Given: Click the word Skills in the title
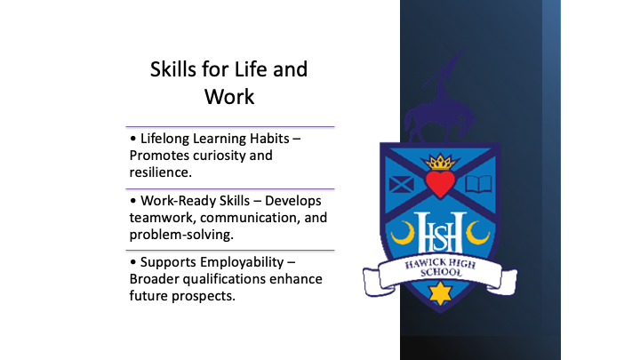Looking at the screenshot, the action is (173, 69).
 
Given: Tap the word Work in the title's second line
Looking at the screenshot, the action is (229, 97).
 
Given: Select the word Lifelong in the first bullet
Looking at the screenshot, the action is (164, 139).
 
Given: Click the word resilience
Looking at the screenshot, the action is (160, 172).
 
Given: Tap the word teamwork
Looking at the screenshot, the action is (163, 218).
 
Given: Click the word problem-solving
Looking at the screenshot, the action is (181, 235).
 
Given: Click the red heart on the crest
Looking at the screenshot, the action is (440, 184).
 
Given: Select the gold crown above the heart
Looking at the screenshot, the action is (440, 162).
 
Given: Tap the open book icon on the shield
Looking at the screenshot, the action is (479, 184).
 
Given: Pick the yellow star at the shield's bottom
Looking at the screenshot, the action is (440, 293).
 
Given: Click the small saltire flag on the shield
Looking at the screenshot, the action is (401, 185).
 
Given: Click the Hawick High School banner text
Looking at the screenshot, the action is (440, 268).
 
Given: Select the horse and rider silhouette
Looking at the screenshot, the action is (440, 98).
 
